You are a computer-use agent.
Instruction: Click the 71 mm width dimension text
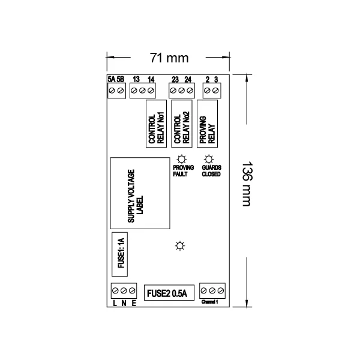pos(169,58)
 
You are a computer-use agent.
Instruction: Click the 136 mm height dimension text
pos(246,184)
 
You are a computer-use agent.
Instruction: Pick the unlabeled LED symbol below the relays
pos(180,246)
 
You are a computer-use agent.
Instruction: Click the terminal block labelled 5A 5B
pos(116,90)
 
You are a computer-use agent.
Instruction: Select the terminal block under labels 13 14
pos(142,90)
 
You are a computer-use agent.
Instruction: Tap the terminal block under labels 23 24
pos(181,90)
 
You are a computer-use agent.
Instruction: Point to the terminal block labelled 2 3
pos(211,90)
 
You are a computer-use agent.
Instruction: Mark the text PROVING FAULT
pos(181,172)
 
